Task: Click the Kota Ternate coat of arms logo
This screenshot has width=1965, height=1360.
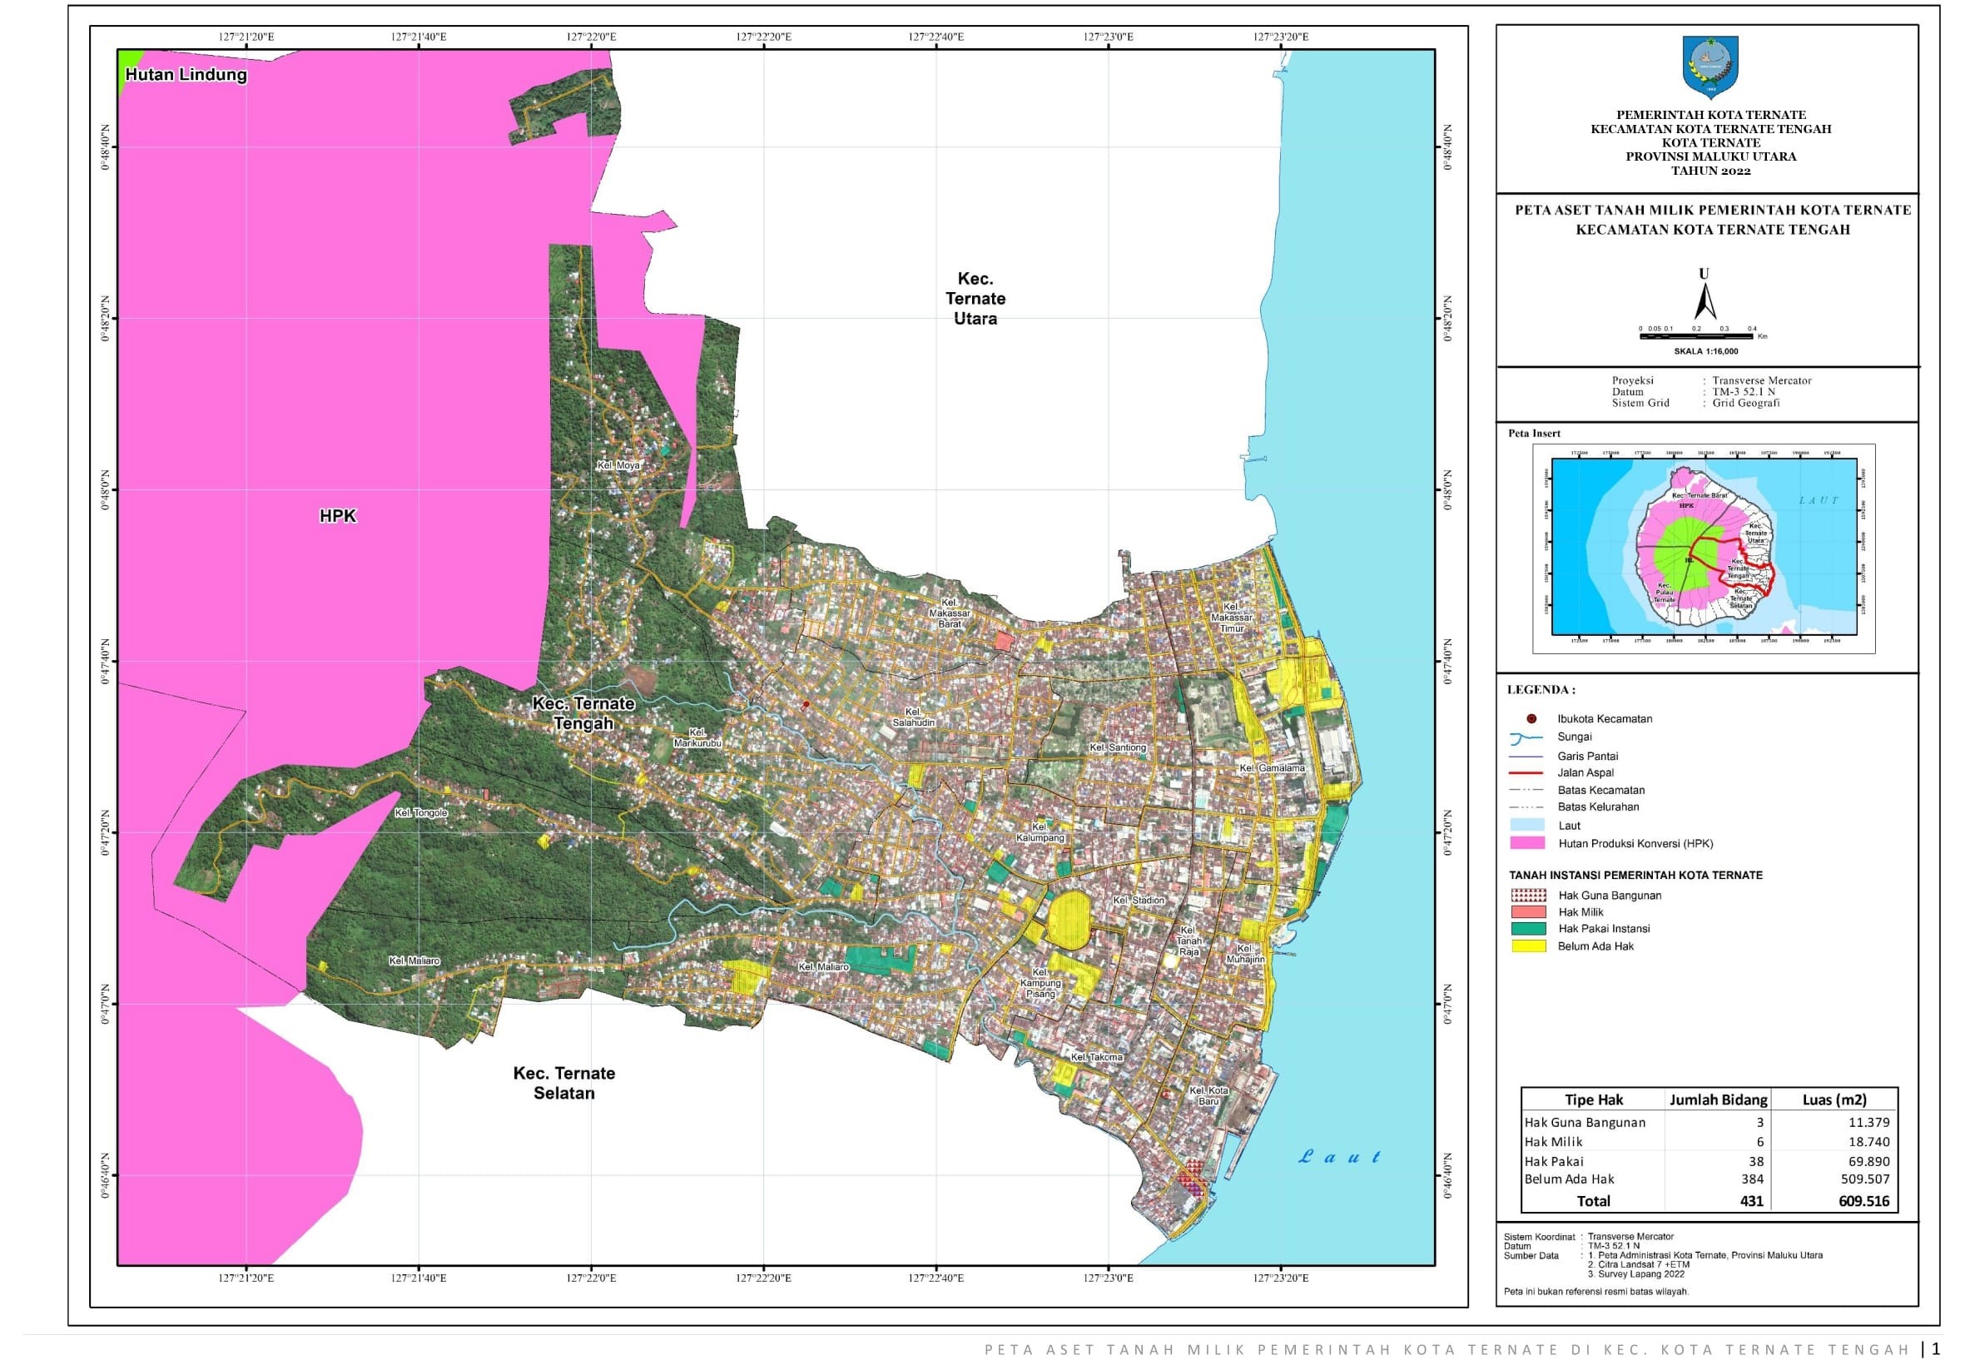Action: (x=1710, y=67)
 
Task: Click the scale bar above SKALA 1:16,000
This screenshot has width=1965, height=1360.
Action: (x=1695, y=336)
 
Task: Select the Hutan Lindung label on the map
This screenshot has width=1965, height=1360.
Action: (x=186, y=75)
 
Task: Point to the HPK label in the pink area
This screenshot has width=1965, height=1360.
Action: (x=337, y=516)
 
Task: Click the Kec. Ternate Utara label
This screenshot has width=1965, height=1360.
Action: (x=975, y=299)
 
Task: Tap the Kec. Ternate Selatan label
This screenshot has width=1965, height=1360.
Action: (x=563, y=1083)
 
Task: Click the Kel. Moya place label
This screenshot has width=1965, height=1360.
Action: (x=618, y=466)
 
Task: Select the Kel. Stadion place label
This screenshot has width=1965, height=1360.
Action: (x=1139, y=901)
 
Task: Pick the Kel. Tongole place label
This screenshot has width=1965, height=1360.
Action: (x=420, y=813)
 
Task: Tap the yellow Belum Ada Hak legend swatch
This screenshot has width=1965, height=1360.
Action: (x=1527, y=946)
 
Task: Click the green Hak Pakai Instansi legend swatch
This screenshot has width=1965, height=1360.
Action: (x=1527, y=929)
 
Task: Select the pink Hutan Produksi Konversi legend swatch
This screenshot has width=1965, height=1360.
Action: (x=1527, y=844)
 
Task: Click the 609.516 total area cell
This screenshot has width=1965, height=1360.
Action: (x=1863, y=1202)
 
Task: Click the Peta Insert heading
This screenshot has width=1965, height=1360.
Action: (x=1534, y=434)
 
